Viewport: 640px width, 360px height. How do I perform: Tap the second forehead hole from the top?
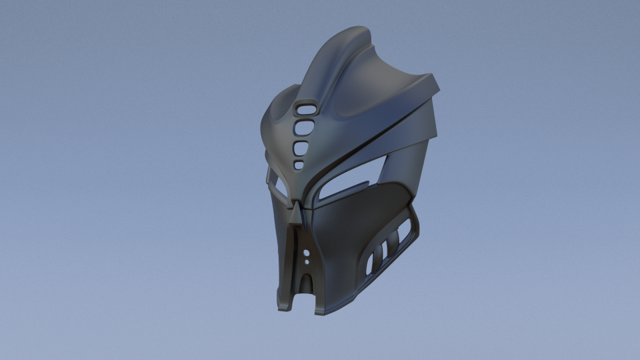[305, 127]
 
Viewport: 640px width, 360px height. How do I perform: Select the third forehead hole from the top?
[302, 147]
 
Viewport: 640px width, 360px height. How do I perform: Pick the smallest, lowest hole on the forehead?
[299, 164]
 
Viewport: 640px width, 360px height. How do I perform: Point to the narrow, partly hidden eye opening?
[275, 181]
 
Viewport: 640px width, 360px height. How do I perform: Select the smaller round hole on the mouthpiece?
[306, 262]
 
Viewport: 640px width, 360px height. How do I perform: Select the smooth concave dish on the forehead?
[360, 100]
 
